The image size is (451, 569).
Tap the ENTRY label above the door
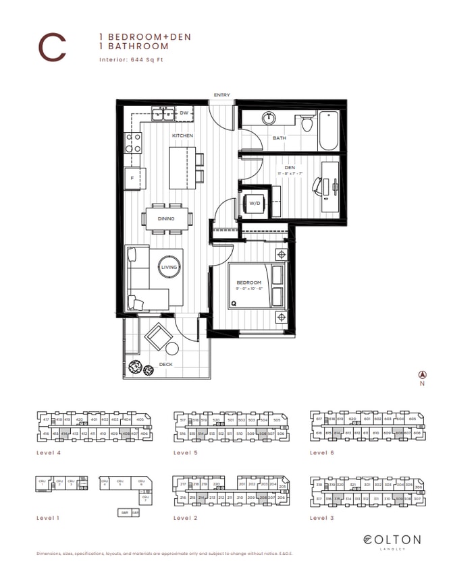pos(221,95)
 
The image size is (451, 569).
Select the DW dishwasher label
pos(184,113)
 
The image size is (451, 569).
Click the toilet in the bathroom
pos(307,123)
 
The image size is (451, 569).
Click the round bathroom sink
pos(269,117)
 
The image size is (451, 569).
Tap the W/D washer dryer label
pos(255,202)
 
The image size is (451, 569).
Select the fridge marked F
pos(133,178)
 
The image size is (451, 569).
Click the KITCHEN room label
pos(182,136)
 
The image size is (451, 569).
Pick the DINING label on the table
pos(166,218)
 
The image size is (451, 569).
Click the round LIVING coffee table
pos(169,268)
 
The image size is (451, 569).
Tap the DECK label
pos(166,365)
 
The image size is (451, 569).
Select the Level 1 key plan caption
pos(47,518)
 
